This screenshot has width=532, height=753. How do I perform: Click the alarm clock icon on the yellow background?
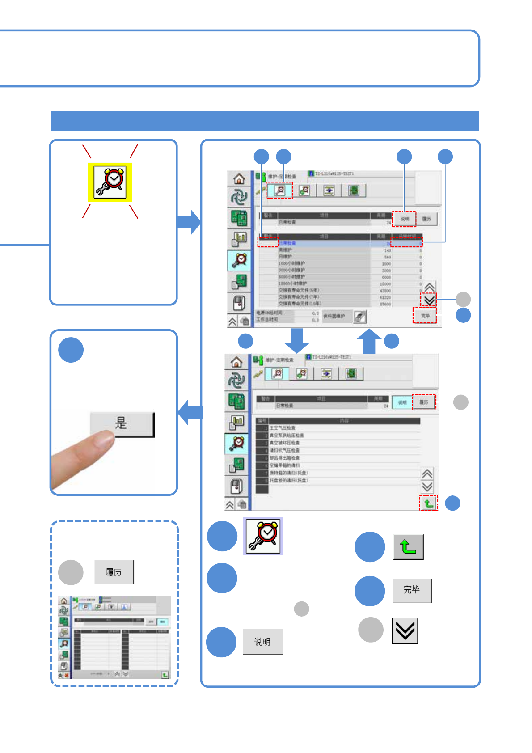(110, 182)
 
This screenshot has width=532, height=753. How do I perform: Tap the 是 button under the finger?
(122, 423)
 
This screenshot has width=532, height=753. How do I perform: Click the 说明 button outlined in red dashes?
(405, 219)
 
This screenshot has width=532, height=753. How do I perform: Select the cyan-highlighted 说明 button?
(402, 402)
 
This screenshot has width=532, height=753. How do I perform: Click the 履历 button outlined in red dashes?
(424, 402)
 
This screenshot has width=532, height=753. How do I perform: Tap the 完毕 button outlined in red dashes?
(425, 316)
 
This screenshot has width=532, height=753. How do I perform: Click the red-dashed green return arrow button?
(428, 503)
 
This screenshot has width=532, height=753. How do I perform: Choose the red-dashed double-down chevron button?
(429, 300)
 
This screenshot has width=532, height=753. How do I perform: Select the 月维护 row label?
(285, 257)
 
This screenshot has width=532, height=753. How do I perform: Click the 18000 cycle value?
(385, 284)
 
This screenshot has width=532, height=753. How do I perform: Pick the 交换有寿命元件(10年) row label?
(300, 304)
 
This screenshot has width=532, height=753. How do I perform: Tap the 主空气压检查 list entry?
(282, 428)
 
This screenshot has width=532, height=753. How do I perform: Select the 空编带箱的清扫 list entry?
(284, 465)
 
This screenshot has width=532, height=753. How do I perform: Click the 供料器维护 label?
(334, 316)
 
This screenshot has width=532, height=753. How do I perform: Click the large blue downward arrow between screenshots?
(296, 340)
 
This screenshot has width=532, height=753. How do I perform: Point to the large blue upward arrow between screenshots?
(369, 341)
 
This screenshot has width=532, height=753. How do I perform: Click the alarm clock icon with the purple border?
(263, 536)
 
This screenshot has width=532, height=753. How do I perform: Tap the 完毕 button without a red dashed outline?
(412, 590)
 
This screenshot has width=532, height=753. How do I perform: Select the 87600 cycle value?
(385, 304)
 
